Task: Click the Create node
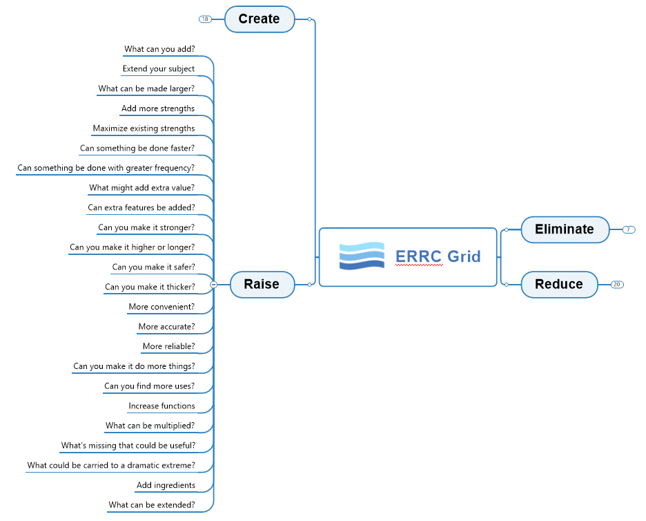coord(260,19)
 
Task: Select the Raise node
coord(262,284)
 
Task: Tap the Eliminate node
coord(565,229)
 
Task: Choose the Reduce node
coord(558,284)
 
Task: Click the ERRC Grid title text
coord(438,256)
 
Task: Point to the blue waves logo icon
coord(362,256)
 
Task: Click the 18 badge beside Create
coord(205,19)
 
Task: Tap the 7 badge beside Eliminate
coord(628,229)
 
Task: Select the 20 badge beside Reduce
coord(617,284)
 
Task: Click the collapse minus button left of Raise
coord(214,284)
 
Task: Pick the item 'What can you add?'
coord(159,49)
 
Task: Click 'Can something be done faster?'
coord(137,148)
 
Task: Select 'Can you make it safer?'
coord(153,267)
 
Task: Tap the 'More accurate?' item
coord(166,326)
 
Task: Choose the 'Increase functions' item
coord(161,406)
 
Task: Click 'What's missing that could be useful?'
coord(128,446)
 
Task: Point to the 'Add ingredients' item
coord(166,485)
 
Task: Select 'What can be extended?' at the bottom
coord(151,505)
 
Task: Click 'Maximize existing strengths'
coord(144,128)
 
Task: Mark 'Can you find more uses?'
coord(149,386)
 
